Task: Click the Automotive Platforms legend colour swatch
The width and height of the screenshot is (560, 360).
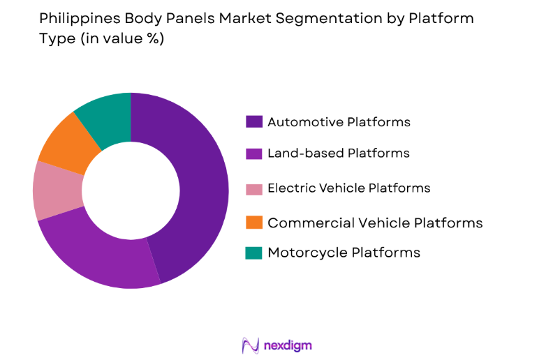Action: [253, 122]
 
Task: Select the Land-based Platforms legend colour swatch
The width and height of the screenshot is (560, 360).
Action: [253, 153]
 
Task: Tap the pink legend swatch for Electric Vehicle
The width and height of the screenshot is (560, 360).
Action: [253, 188]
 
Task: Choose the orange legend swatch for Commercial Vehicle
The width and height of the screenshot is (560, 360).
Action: [253, 223]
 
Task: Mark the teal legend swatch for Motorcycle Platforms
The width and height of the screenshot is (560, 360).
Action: [253, 253]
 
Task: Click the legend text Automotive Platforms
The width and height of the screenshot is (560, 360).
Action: [339, 122]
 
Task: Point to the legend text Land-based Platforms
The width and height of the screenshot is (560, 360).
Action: [338, 153]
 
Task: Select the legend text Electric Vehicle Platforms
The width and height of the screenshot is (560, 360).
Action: [348, 188]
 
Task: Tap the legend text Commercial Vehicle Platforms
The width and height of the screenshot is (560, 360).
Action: [375, 223]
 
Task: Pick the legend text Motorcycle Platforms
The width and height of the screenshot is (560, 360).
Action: [344, 253]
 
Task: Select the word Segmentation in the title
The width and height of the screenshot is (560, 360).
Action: [307, 19]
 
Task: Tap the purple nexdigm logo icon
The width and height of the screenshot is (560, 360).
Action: [251, 345]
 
